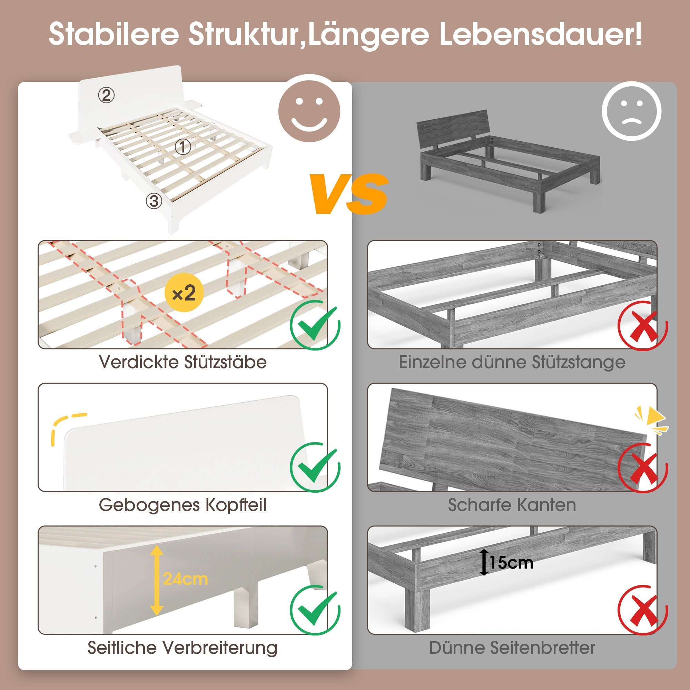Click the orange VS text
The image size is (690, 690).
coord(349,194)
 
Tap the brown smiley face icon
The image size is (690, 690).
coord(309,111)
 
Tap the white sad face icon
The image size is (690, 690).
coord(631,111)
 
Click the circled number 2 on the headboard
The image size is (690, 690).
coord(106,95)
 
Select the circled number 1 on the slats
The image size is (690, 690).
coord(183,147)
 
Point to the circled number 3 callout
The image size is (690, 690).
coord(154,201)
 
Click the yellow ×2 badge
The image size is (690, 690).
coord(184,293)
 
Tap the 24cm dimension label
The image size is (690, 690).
coord(185,579)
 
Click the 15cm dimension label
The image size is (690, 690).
coord(511,563)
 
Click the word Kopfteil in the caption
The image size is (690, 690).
coord(236,505)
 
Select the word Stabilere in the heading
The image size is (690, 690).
coord(114,34)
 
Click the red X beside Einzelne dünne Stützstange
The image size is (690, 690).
coord(643,326)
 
